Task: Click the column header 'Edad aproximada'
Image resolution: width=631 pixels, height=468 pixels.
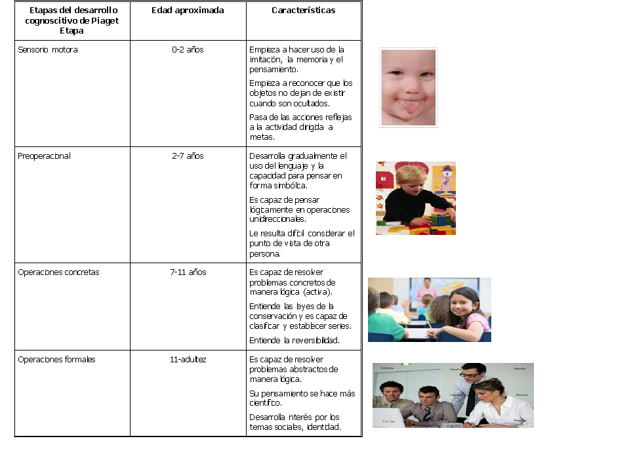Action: point(188,11)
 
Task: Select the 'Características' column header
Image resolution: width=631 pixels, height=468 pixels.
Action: point(303,11)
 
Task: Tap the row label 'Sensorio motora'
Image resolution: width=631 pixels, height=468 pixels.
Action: point(48,50)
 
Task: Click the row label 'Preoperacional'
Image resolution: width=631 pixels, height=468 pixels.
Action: point(45,156)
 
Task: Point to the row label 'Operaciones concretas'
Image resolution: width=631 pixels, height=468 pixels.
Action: point(58,272)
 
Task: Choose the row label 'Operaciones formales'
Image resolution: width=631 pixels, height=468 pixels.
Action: point(56,360)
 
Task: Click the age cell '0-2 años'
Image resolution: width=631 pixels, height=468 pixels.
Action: point(188,50)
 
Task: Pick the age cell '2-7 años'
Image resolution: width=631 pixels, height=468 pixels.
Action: point(188,156)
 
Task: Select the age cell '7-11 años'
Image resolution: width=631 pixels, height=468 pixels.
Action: point(188,272)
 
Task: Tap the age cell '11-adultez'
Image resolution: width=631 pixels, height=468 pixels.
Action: point(188,360)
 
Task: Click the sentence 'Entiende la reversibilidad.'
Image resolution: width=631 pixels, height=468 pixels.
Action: point(295,340)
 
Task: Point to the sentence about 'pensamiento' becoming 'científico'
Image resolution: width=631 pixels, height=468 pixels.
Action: point(302,398)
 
